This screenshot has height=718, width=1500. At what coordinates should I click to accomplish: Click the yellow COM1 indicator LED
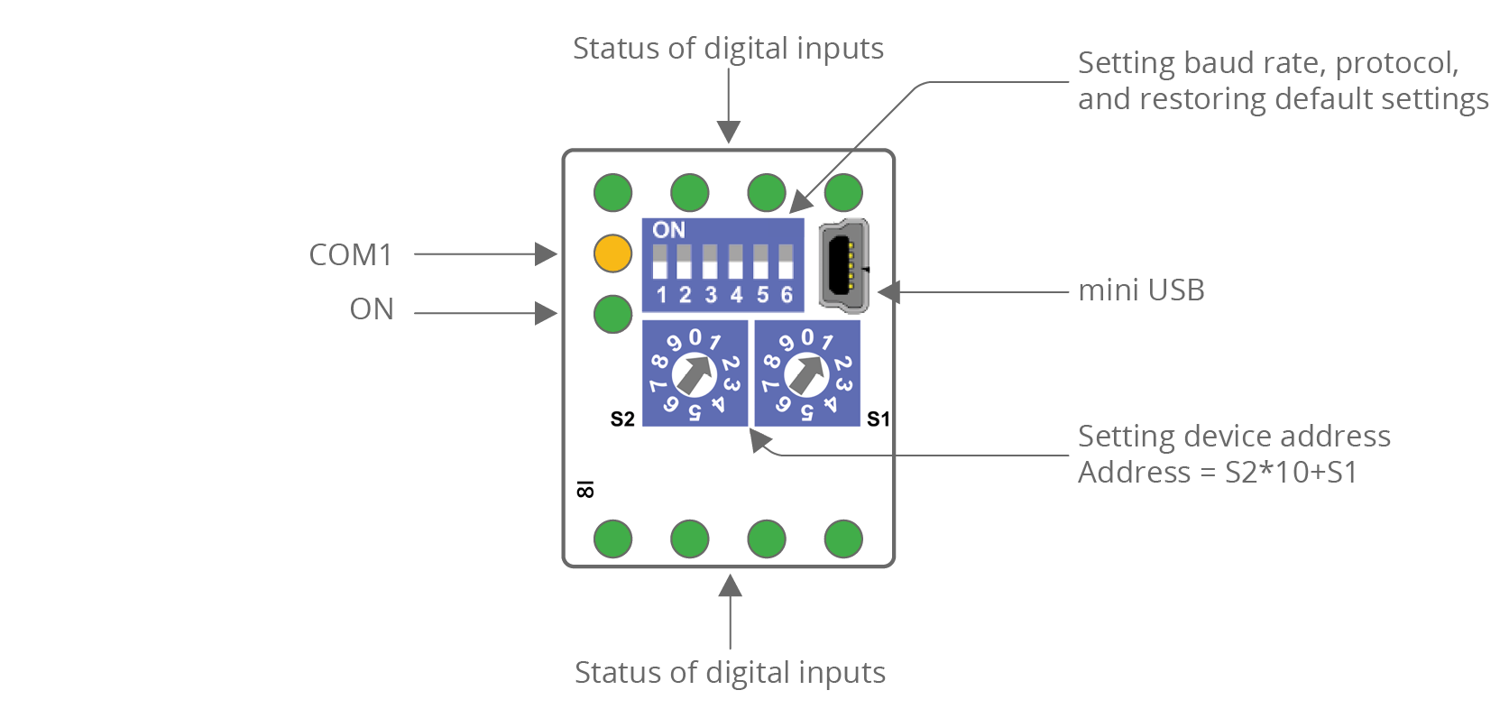[x=612, y=253]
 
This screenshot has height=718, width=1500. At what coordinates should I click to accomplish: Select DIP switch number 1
[x=659, y=262]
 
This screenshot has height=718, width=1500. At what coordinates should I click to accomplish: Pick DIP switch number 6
[x=786, y=262]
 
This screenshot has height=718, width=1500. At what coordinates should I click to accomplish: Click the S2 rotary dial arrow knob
[x=695, y=373]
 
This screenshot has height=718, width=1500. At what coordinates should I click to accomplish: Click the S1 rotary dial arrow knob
[x=806, y=373]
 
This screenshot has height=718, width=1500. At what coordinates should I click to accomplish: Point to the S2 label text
[x=622, y=419]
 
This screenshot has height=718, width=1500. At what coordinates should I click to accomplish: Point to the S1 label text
[x=878, y=419]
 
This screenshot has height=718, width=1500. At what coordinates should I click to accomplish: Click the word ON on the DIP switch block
[x=668, y=230]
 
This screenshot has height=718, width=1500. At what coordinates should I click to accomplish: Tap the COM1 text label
[x=351, y=255]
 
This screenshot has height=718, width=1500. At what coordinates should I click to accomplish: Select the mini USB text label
[x=1141, y=290]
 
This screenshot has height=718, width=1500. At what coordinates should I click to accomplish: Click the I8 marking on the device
[x=584, y=489]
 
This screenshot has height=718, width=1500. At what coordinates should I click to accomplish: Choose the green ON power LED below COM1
[x=612, y=314]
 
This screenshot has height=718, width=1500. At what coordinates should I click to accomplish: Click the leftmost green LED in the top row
[x=612, y=192]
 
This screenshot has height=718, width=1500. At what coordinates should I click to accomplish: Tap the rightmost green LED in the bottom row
[x=843, y=539]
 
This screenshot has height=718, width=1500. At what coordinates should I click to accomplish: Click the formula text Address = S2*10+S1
[x=1217, y=473]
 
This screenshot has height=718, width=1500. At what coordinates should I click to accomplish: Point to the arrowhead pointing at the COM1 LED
[x=547, y=254]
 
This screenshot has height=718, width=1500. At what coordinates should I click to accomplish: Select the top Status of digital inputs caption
[x=728, y=49]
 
